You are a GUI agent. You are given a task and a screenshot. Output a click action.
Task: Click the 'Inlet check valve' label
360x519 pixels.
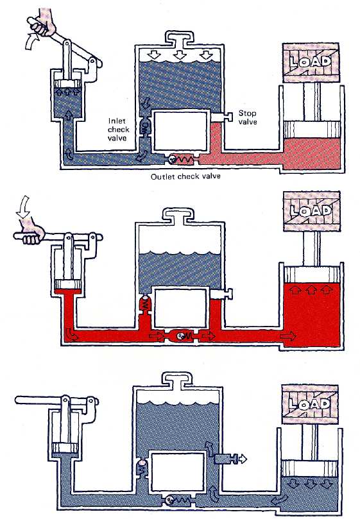point(118,130)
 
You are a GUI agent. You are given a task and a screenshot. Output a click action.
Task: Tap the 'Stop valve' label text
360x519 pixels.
point(248,117)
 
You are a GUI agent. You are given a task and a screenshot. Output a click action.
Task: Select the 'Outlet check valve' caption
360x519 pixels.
point(185,176)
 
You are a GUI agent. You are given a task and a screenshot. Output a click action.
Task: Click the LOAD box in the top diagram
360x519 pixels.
point(311,62)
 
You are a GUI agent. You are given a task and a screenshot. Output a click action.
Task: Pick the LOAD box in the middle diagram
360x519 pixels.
point(312,211)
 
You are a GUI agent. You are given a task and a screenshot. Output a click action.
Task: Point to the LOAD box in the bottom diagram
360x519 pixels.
point(310,404)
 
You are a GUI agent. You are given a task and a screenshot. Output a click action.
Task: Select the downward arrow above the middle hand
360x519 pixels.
point(23,207)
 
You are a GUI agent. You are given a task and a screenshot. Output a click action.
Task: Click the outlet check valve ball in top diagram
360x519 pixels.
point(172,159)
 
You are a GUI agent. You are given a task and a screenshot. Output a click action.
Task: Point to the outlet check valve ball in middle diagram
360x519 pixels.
point(180,336)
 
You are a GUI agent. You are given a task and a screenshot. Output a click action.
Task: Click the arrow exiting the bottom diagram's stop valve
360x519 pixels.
point(243,459)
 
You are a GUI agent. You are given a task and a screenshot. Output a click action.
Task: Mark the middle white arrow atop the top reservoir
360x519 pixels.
point(180,55)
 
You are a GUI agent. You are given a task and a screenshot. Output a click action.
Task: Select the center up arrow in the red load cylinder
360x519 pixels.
point(311,290)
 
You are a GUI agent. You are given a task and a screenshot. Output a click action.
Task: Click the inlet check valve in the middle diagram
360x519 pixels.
point(144,305)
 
